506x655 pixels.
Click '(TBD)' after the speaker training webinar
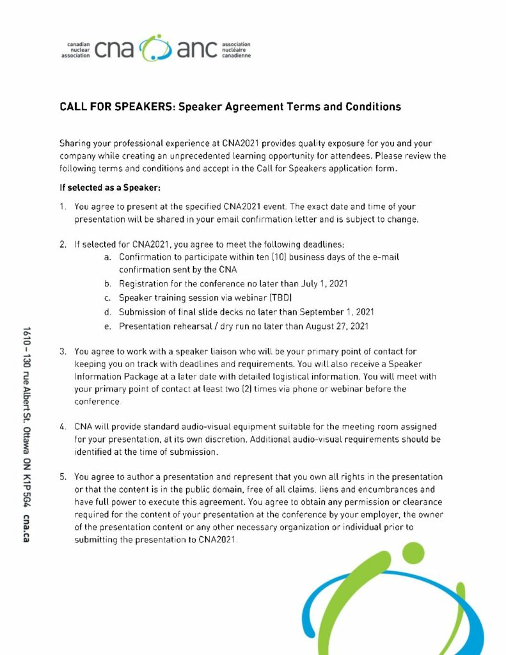point(274,297)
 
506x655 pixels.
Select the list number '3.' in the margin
point(63,351)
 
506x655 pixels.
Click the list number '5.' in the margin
point(63,477)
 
